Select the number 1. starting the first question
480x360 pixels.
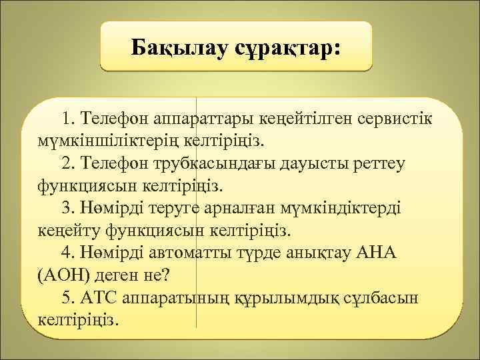69,119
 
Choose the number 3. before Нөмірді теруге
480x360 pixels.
69,208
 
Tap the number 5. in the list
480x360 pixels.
69,297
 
